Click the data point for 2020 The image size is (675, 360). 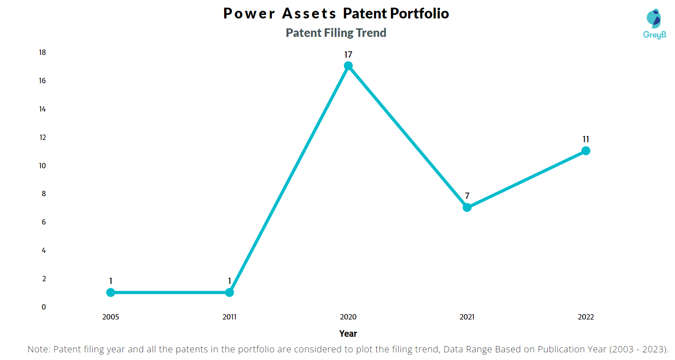(x=348, y=66)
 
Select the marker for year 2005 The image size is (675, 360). (x=111, y=292)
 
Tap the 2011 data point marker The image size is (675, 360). (x=229, y=292)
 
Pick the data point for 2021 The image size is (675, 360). (x=467, y=207)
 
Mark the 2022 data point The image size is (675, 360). (x=586, y=151)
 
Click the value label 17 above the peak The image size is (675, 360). (x=348, y=54)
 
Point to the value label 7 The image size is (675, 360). (x=467, y=196)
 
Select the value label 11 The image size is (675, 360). (x=586, y=139)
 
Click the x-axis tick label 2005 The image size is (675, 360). (x=111, y=317)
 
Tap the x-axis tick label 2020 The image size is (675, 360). (x=348, y=317)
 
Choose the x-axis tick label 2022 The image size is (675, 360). (x=586, y=317)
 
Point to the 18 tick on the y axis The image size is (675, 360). (x=42, y=53)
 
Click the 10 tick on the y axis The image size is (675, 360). (x=42, y=166)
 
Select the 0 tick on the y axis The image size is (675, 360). (x=44, y=307)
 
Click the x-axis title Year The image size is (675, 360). (x=348, y=333)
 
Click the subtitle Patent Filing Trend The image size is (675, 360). (x=336, y=33)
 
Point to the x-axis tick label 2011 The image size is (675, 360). (x=229, y=317)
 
